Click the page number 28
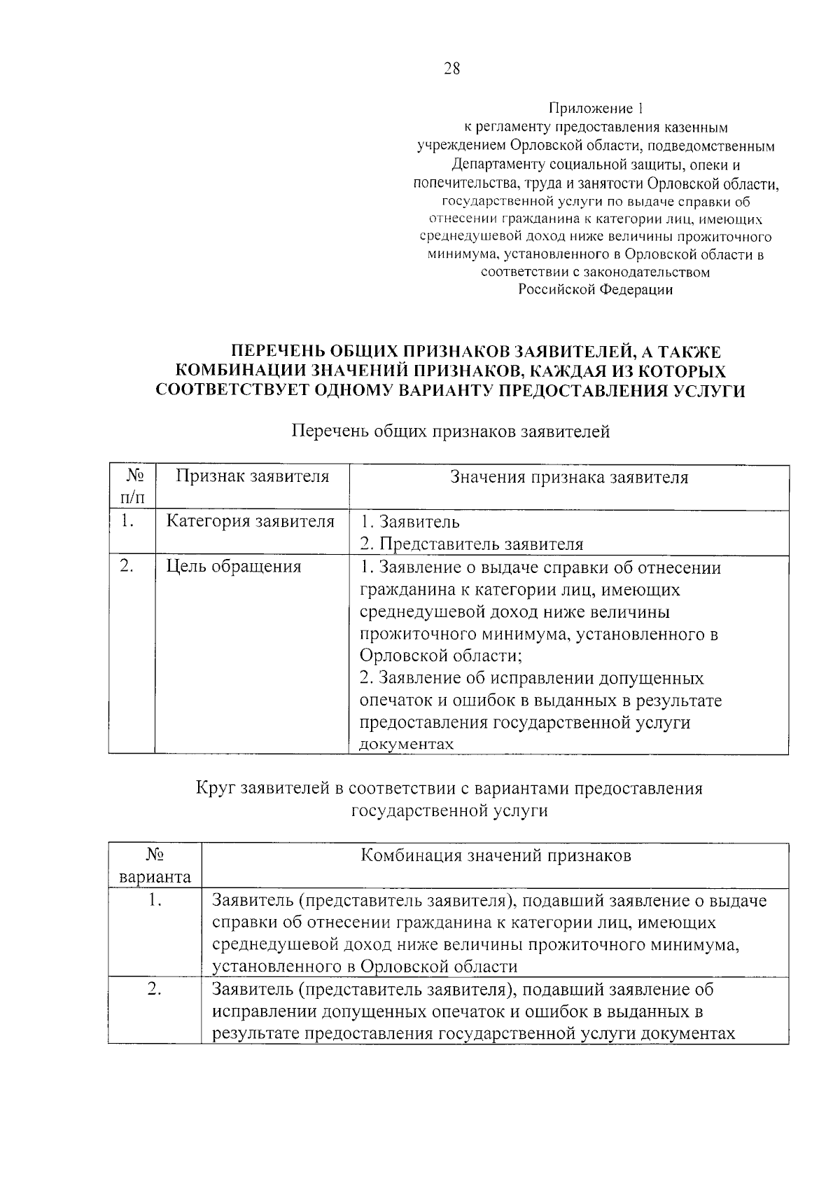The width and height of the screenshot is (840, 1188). (x=451, y=69)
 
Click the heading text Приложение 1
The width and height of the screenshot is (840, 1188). (x=595, y=109)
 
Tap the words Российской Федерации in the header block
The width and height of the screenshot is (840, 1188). (x=595, y=290)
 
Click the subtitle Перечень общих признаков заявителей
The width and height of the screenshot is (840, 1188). (x=450, y=431)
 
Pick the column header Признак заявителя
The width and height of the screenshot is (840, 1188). (x=252, y=477)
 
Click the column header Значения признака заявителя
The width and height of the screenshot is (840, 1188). (x=568, y=478)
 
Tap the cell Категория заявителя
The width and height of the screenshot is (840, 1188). (x=250, y=522)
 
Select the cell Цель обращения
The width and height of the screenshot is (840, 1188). (x=234, y=567)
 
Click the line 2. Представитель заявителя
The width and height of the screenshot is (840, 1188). (x=471, y=544)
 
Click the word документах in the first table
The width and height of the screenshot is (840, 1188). (x=406, y=745)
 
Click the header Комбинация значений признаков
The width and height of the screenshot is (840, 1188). (x=496, y=856)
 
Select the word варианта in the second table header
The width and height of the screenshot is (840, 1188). (x=155, y=877)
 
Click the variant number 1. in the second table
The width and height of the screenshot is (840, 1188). (x=155, y=900)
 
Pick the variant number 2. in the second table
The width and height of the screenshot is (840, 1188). (x=155, y=990)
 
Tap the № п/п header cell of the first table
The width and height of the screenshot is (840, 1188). (x=132, y=487)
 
